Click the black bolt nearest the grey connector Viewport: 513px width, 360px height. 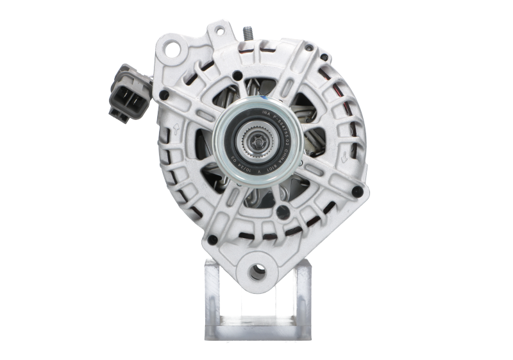[160, 95]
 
